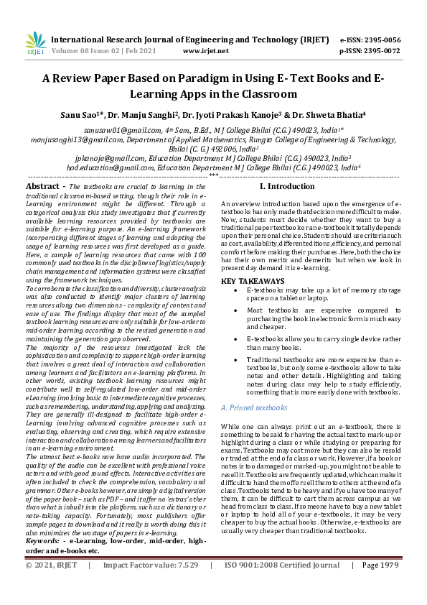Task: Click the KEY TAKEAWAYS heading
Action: coord(253,280)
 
